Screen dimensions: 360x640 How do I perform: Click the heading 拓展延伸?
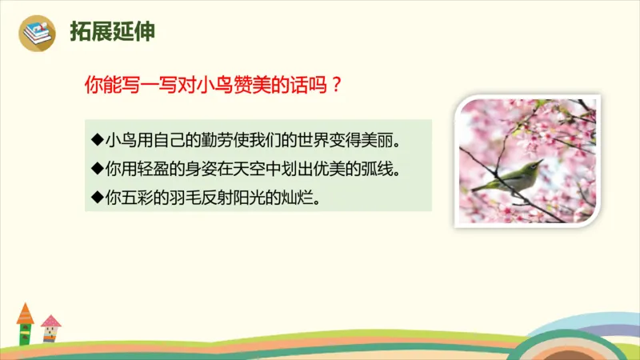[113, 32]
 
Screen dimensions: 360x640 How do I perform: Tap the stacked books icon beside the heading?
[38, 33]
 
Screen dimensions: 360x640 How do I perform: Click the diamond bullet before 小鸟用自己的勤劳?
[97, 141]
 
